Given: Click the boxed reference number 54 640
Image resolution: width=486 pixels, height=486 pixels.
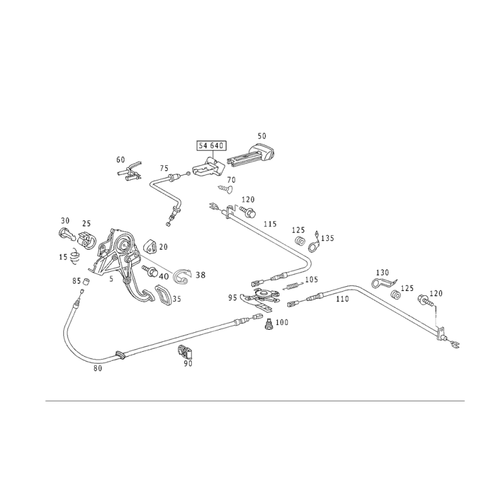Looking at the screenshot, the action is pyautogui.click(x=211, y=145).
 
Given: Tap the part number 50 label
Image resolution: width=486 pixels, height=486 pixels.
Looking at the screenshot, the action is pyautogui.click(x=262, y=135).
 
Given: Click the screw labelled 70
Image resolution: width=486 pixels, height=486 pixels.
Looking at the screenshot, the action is pyautogui.click(x=226, y=188).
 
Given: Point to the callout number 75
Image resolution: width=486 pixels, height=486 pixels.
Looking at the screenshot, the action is pyautogui.click(x=164, y=168).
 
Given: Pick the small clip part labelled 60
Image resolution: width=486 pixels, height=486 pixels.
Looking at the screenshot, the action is pyautogui.click(x=130, y=173).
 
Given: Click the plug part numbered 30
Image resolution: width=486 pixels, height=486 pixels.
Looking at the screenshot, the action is pyautogui.click(x=66, y=234).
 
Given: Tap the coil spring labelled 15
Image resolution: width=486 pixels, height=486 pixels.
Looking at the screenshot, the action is pyautogui.click(x=75, y=256).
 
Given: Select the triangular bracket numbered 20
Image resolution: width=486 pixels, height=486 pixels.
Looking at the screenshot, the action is pyautogui.click(x=151, y=246).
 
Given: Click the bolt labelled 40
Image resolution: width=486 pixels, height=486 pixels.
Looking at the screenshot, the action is pyautogui.click(x=150, y=270).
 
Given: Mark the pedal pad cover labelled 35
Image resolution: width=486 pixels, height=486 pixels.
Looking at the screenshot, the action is pyautogui.click(x=163, y=295).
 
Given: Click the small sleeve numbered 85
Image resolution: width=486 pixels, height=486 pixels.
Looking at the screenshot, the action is pyautogui.click(x=86, y=281).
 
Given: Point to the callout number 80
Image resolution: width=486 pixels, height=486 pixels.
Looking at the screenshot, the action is pyautogui.click(x=98, y=368).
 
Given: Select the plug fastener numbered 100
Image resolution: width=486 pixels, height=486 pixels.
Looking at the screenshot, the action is pyautogui.click(x=269, y=324).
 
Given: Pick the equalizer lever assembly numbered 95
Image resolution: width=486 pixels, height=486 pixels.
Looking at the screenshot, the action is pyautogui.click(x=261, y=298).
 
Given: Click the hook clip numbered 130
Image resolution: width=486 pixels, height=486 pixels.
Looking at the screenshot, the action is pyautogui.click(x=384, y=283).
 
